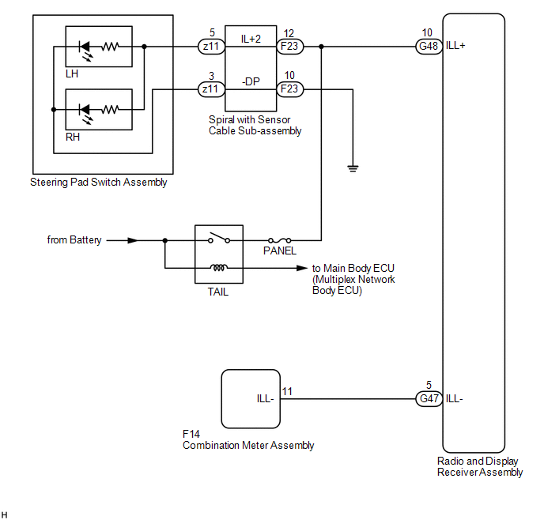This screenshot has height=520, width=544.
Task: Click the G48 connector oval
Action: [x=429, y=46]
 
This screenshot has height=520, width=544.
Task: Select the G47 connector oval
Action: [x=429, y=398]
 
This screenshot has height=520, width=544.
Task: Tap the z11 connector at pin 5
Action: [x=211, y=46]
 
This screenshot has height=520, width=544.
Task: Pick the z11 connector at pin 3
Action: [x=211, y=89]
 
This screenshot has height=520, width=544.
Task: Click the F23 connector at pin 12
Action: [x=289, y=46]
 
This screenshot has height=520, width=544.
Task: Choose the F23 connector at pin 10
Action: [x=289, y=89]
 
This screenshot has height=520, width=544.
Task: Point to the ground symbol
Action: [x=353, y=168]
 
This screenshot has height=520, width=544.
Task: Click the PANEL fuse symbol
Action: [x=279, y=240]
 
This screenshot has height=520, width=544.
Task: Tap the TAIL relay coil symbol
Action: [x=219, y=267]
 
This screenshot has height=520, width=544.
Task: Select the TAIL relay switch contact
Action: [x=219, y=237]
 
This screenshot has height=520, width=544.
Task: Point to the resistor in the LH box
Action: [x=111, y=47]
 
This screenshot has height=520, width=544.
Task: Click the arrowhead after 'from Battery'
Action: [x=133, y=240]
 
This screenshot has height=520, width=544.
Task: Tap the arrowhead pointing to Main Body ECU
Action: [x=302, y=268]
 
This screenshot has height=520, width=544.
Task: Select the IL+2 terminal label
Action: [x=251, y=39]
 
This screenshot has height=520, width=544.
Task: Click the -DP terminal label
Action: [x=251, y=82]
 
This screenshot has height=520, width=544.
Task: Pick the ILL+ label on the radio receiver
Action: [x=455, y=45]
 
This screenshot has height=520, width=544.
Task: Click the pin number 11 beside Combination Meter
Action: [x=287, y=391]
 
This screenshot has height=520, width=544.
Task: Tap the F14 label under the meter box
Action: [x=191, y=434]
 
